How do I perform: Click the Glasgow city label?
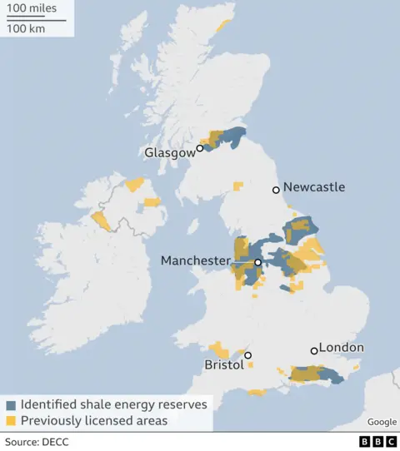click(x=169, y=152)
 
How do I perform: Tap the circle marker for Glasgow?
click(x=200, y=149)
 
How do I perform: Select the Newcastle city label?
click(x=314, y=187)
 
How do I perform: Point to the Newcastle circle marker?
click(x=277, y=191)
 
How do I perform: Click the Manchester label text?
click(x=195, y=260)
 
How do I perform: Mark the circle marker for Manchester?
click(x=258, y=263)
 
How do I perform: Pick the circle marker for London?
click(x=314, y=350)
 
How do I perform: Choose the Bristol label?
click(x=223, y=364)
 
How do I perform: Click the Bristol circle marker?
click(x=247, y=355)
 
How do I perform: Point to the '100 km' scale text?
click(x=27, y=28)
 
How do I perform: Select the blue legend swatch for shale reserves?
click(x=11, y=404)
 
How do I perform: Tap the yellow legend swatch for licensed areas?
click(x=11, y=420)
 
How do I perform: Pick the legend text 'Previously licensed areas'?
click(x=94, y=420)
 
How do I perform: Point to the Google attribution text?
click(x=381, y=422)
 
